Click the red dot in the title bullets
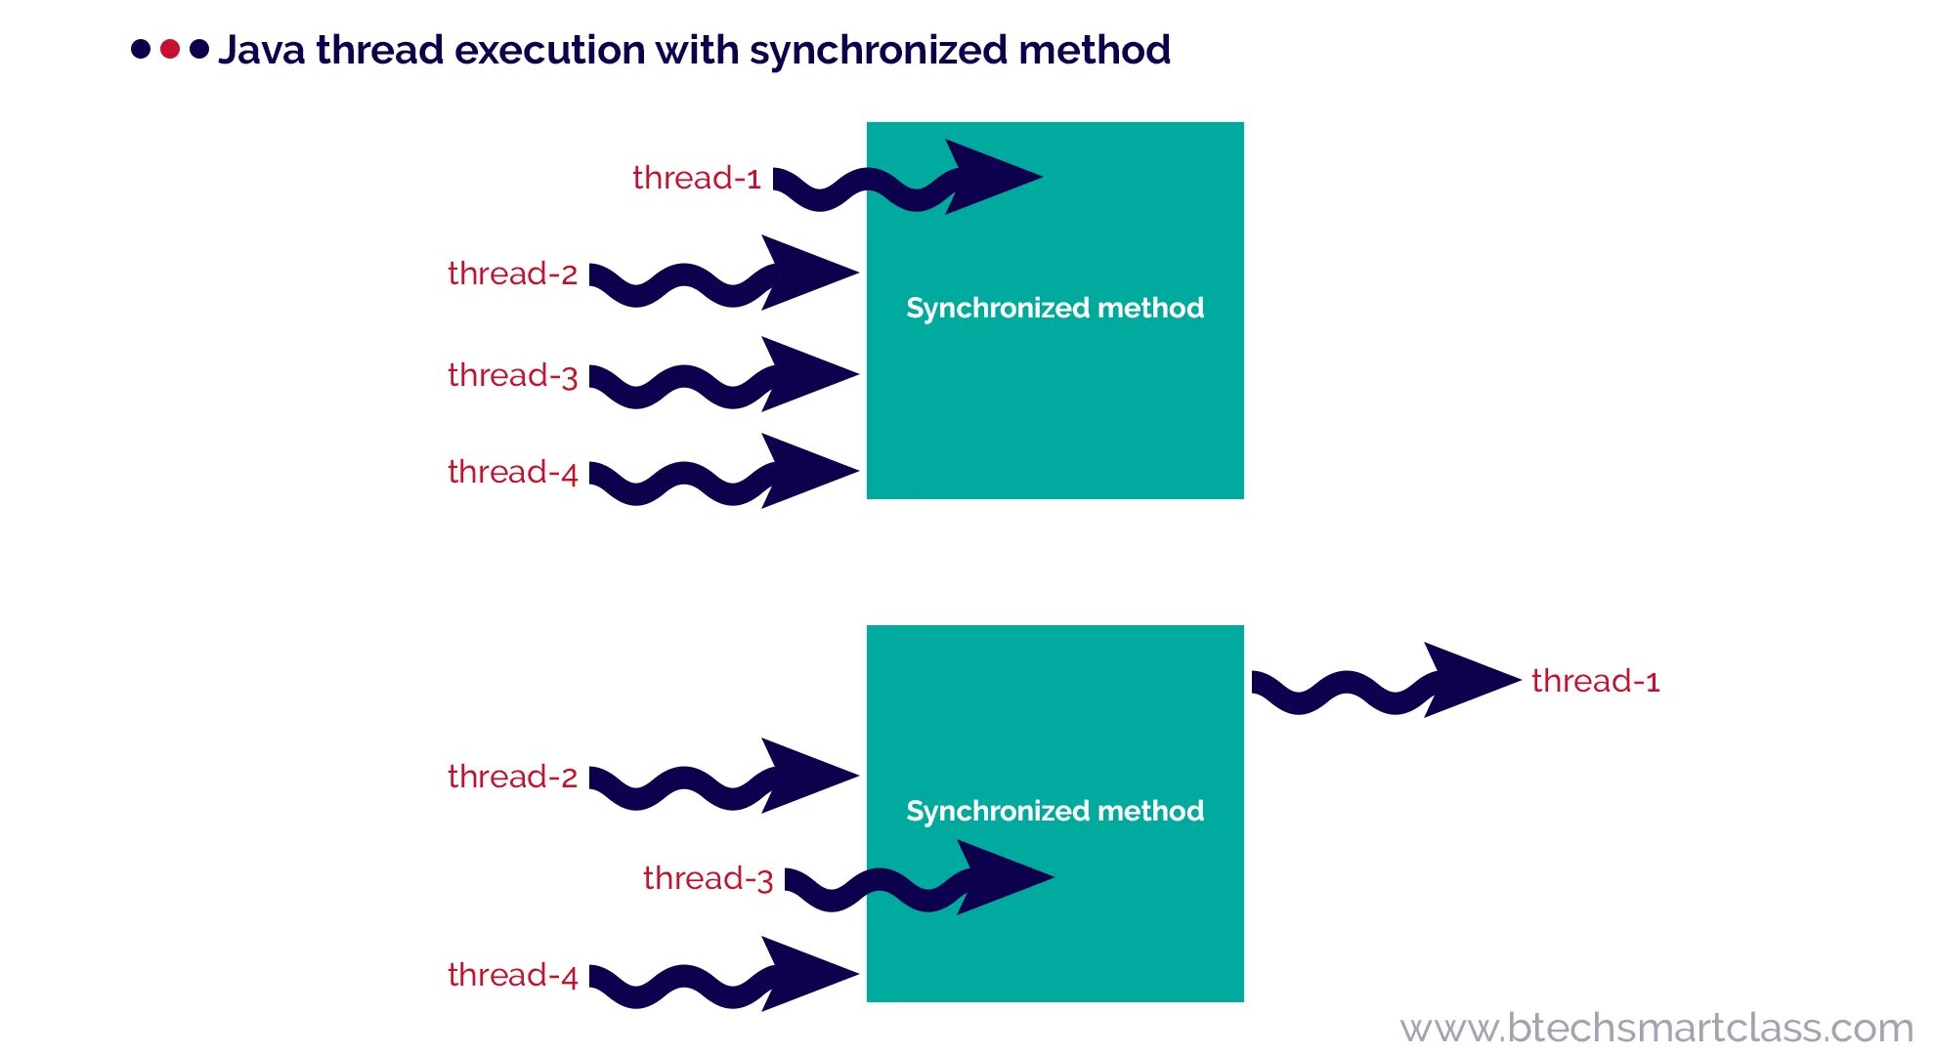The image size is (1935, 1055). click(x=170, y=49)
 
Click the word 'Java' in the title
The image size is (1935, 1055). click(x=261, y=50)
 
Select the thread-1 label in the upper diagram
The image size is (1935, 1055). click(x=696, y=178)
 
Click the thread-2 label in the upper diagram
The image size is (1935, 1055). click(x=512, y=274)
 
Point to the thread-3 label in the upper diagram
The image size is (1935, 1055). click(x=512, y=375)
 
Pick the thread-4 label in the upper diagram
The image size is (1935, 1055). click(x=512, y=472)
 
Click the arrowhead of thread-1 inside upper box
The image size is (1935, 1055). click(x=987, y=177)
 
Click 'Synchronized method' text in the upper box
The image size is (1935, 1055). click(x=1054, y=308)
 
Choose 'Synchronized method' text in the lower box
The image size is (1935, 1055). click(x=1054, y=811)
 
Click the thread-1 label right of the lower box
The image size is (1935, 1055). click(x=1595, y=681)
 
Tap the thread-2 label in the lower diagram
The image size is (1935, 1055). click(x=512, y=777)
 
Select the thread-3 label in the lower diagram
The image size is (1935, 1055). click(x=708, y=878)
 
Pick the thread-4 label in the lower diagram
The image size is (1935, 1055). click(x=512, y=975)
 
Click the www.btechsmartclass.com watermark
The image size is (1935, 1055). click(x=1655, y=1028)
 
